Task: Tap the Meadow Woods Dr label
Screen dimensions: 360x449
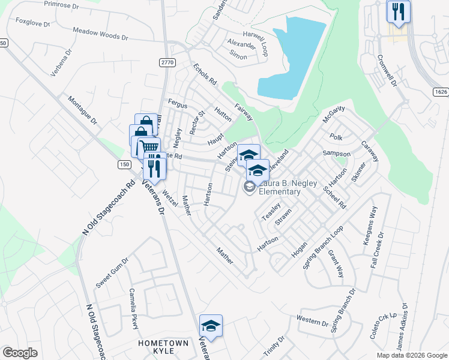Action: [x=100, y=33]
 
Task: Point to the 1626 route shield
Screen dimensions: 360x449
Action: [x=440, y=91]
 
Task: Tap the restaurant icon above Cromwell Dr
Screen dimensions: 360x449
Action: [x=397, y=11]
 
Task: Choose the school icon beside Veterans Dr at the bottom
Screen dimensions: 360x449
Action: [x=211, y=326]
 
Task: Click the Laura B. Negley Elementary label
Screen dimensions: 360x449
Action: [x=279, y=187]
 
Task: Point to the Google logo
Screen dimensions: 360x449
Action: [x=20, y=353]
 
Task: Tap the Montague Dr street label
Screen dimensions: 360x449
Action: [x=82, y=110]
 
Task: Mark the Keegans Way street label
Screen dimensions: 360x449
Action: [x=373, y=222]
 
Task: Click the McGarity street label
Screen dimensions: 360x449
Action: [x=334, y=114]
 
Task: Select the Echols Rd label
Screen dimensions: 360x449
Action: [x=204, y=74]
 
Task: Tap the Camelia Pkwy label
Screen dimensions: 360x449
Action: [x=134, y=309]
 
